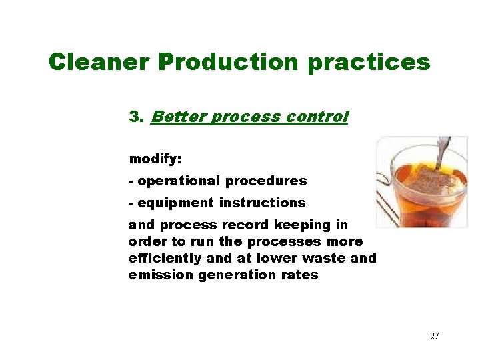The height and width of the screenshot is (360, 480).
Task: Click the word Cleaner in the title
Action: [x=99, y=62]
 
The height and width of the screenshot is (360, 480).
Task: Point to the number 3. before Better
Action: [x=137, y=117]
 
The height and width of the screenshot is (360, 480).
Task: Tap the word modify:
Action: [x=155, y=159]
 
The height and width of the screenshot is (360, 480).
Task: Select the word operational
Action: [x=179, y=181]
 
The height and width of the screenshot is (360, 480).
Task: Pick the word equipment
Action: [x=175, y=203]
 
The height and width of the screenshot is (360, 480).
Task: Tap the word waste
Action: [x=325, y=258]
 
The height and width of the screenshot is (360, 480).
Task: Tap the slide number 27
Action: [x=434, y=336]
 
